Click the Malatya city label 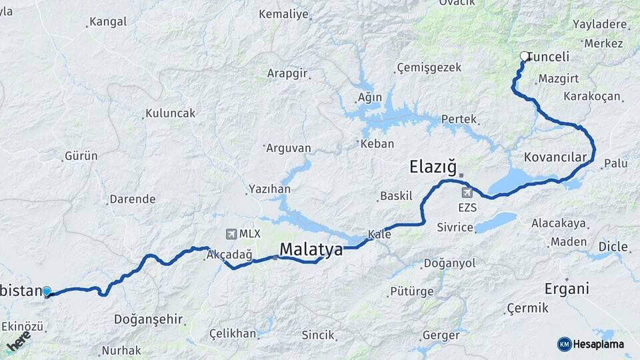point(311,250)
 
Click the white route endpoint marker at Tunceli point(525,57)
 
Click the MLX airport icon point(231,234)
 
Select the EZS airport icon point(467,193)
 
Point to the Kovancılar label point(555,157)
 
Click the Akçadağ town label point(229,255)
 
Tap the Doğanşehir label point(148,319)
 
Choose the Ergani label point(567,289)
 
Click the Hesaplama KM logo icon point(564,344)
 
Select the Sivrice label point(455,227)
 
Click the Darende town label point(132,199)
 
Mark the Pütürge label point(411,291)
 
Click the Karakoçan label point(591,97)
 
